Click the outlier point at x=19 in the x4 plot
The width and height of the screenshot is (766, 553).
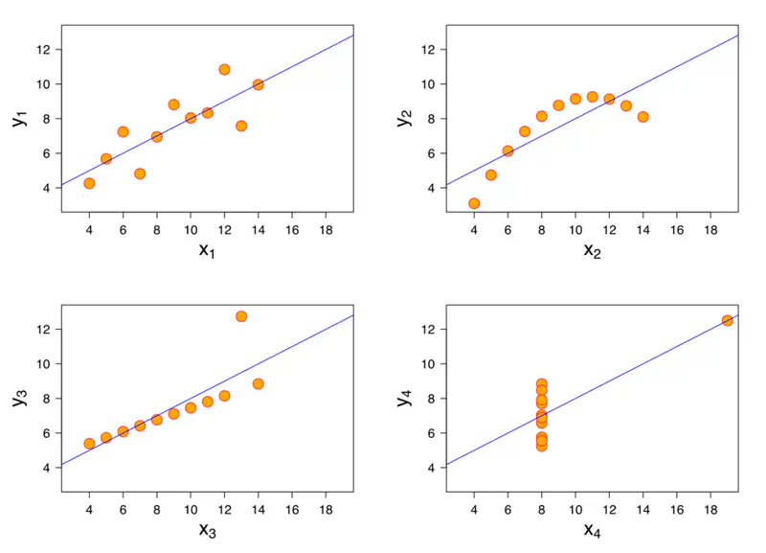727,320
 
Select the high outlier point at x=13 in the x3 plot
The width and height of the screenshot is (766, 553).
241,316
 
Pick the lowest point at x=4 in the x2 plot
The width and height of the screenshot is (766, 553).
474,203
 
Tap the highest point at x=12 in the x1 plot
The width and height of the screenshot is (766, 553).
224,70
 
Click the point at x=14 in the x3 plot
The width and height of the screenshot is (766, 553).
258,383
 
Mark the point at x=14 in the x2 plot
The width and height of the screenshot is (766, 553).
642,117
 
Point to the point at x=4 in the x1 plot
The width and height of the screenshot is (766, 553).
89,183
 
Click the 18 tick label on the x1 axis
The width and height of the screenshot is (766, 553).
326,231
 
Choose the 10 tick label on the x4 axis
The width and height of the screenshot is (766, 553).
575,510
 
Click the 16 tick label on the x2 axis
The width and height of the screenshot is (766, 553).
676,231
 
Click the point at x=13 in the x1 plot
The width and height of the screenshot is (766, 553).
241,126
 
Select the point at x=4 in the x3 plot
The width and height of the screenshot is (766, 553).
89,444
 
